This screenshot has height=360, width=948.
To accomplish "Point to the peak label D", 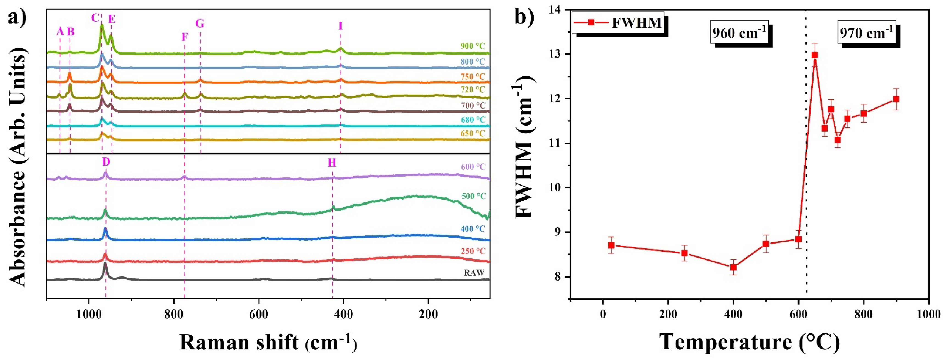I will click(x=106, y=162).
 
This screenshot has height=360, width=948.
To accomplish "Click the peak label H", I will click(x=332, y=163).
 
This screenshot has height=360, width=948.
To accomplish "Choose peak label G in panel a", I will click(x=200, y=24).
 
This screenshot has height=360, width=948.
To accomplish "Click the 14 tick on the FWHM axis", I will click(x=559, y=10).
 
